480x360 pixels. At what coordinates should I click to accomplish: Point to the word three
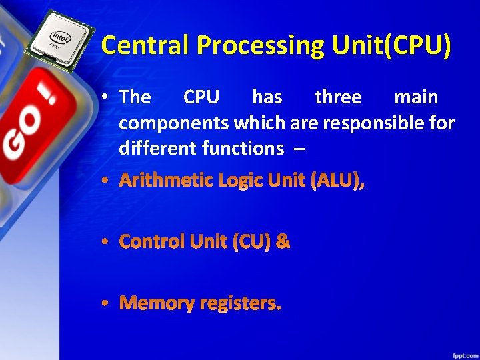pos(338,97)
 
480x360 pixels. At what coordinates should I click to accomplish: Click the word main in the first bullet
pos(416,97)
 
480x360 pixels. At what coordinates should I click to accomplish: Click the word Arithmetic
pos(166,181)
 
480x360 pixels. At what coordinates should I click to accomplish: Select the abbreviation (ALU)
pos(337,181)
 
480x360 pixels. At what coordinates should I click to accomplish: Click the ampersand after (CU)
pos(283,241)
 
